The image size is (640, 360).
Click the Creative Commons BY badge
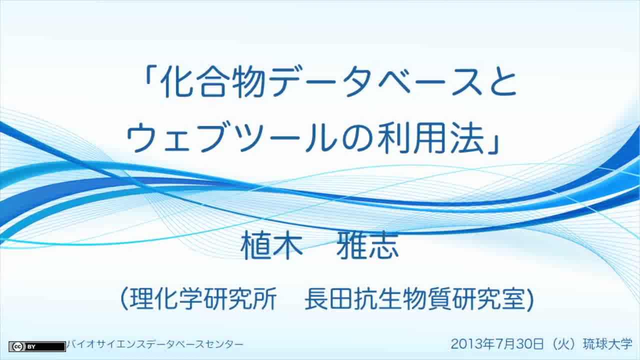[37, 346]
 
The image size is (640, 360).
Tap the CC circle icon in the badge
[17, 346]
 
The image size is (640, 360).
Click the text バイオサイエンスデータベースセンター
[155, 344]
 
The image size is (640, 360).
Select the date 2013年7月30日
[497, 343]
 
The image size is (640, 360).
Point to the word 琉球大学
[607, 343]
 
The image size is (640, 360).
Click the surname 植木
[271, 245]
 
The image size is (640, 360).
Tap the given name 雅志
[367, 245]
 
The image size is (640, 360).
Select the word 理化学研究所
[203, 299]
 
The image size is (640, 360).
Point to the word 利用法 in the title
[430, 138]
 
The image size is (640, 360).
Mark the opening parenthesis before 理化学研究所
[124, 299]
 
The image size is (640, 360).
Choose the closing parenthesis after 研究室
[530, 299]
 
